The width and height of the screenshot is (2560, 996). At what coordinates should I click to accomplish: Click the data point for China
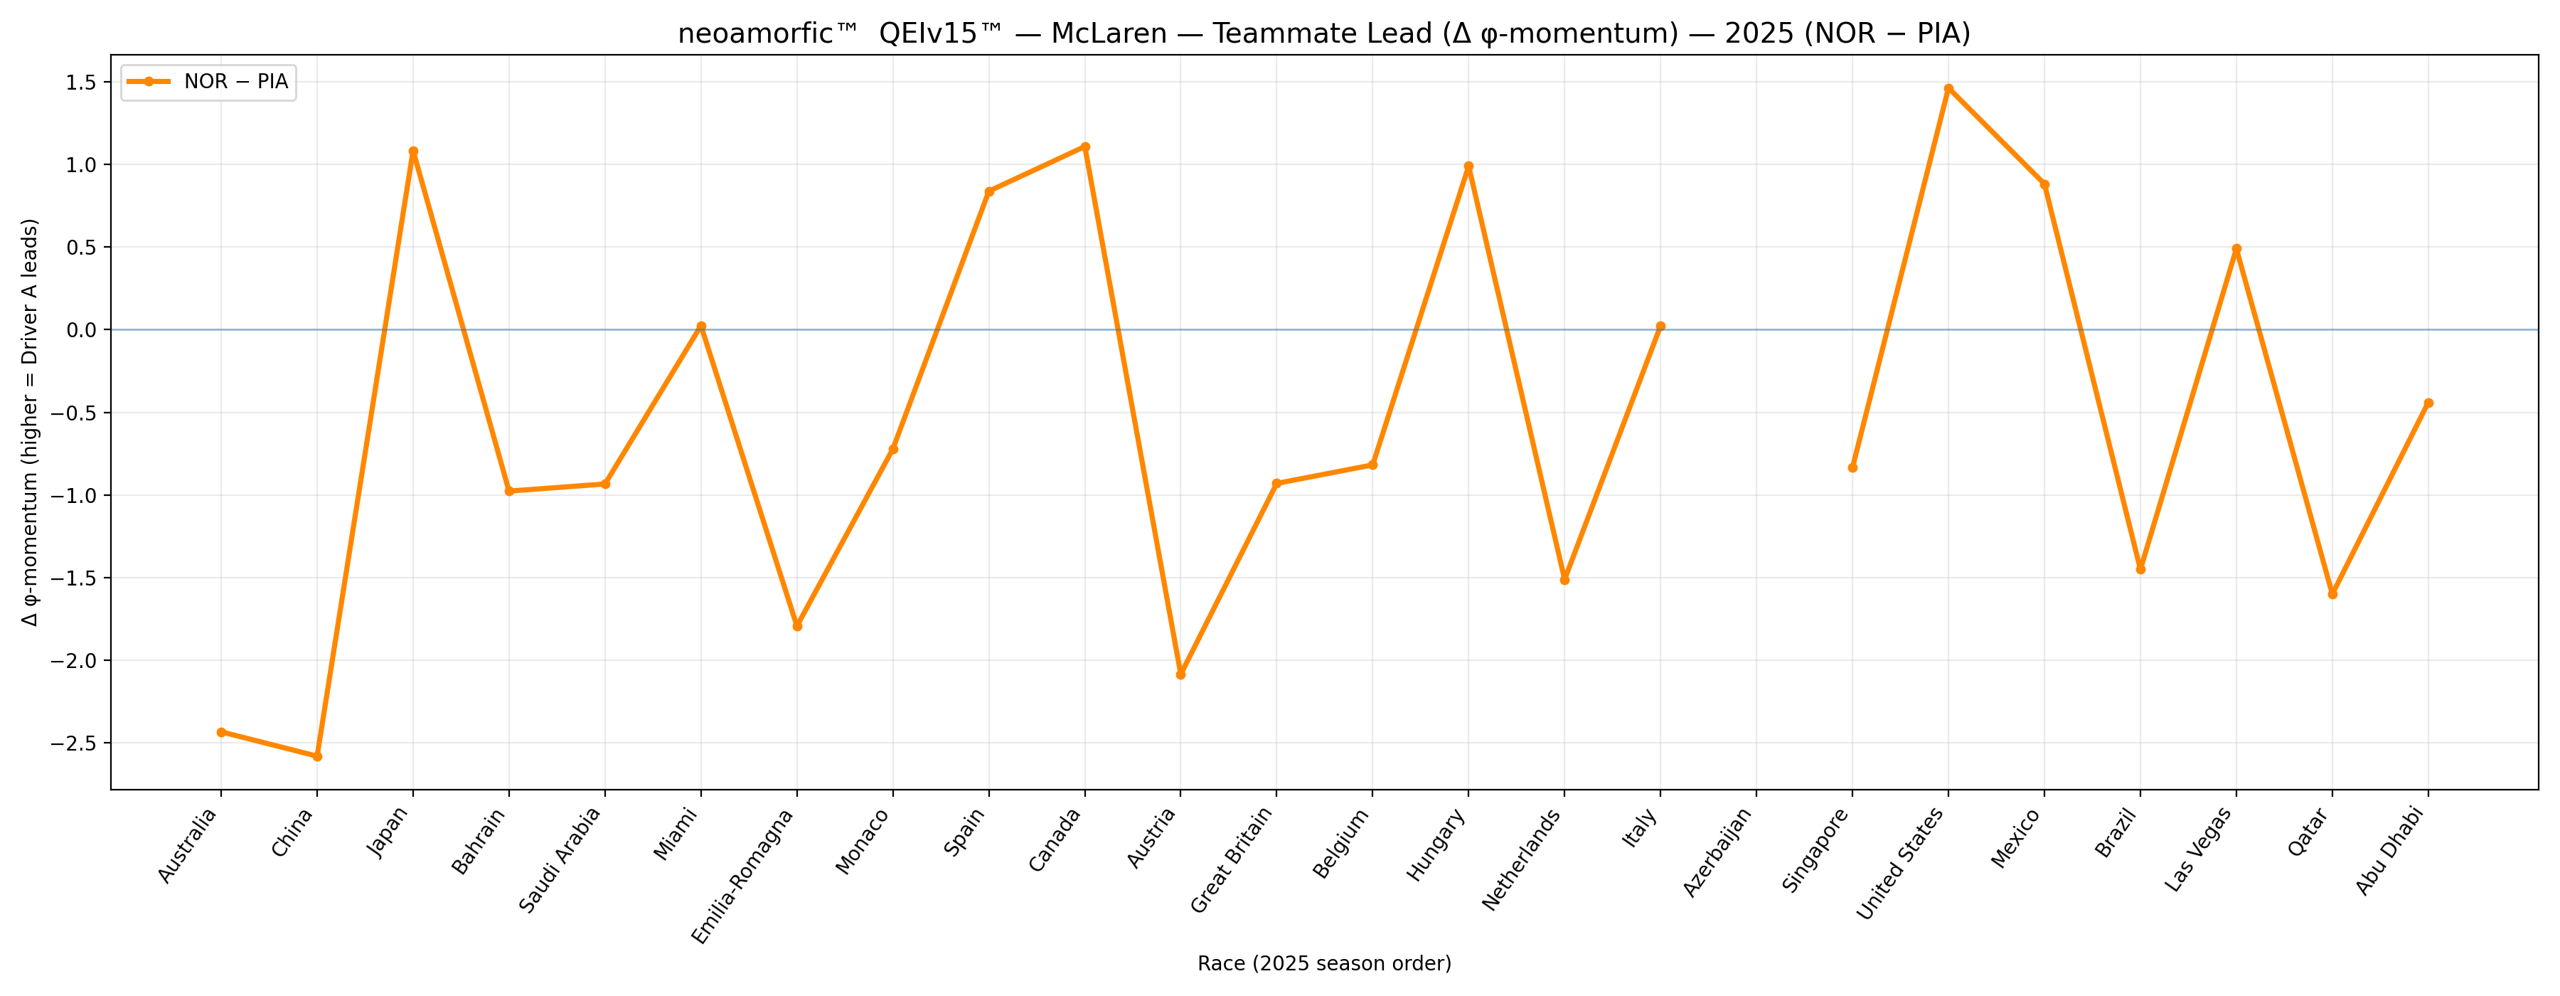(317, 756)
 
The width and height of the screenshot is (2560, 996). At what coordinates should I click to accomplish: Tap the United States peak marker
(1949, 88)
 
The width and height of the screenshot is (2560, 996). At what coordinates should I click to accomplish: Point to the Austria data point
(1180, 675)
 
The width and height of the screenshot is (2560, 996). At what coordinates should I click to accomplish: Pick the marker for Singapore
(1852, 468)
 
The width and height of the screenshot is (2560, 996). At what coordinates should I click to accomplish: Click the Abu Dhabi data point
(2429, 403)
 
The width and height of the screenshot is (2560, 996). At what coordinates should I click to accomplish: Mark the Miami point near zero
(702, 326)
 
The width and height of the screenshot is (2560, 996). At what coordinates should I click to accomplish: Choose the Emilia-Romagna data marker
(797, 626)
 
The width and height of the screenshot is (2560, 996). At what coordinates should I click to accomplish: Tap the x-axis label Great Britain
(1232, 860)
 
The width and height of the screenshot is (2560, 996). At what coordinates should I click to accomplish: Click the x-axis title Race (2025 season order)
(1323, 963)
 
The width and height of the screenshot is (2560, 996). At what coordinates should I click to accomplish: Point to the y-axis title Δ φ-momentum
(31, 423)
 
